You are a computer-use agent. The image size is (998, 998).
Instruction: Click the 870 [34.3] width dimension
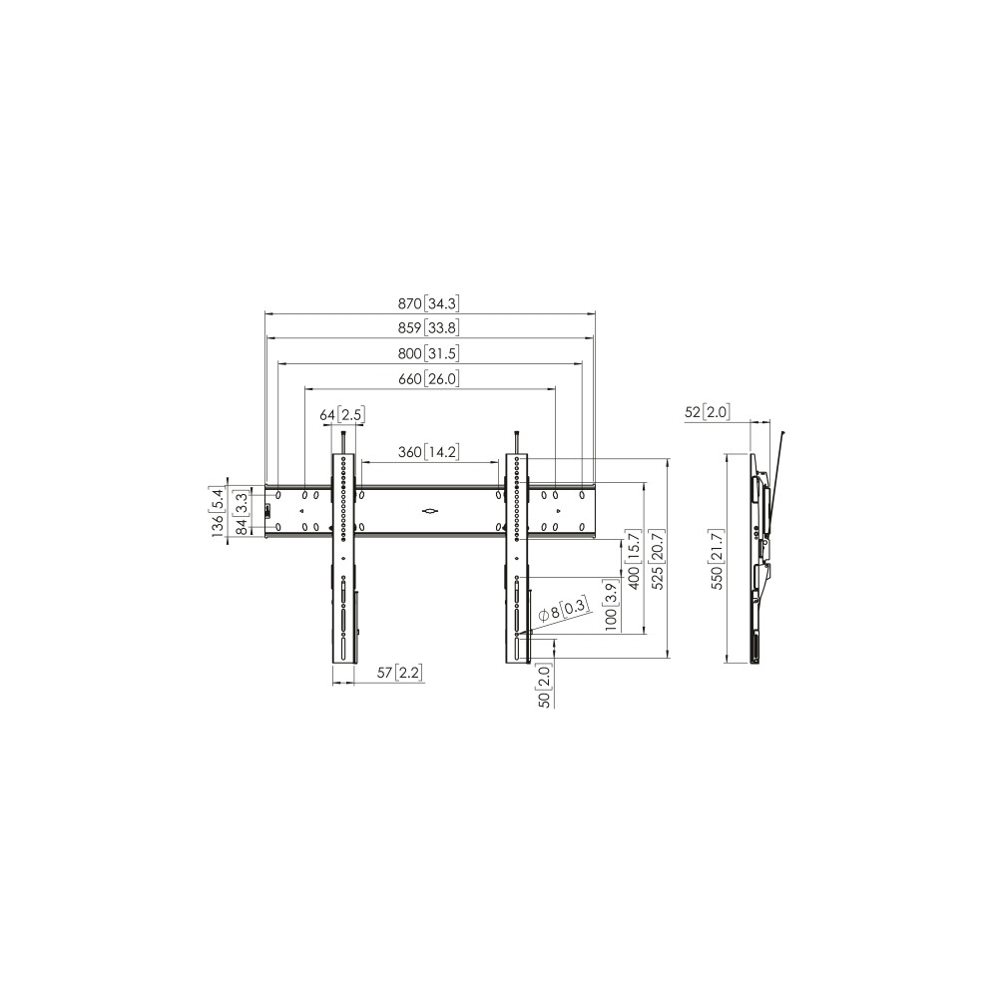point(428,303)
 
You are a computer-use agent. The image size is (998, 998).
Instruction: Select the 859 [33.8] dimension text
point(428,327)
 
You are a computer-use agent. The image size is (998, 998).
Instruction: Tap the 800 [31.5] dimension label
point(428,353)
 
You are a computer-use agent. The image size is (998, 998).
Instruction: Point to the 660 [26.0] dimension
point(428,378)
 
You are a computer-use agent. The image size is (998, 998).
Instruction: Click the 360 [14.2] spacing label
point(428,452)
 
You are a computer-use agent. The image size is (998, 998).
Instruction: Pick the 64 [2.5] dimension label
point(341,415)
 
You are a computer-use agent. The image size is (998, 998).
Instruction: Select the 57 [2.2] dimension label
point(400,672)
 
